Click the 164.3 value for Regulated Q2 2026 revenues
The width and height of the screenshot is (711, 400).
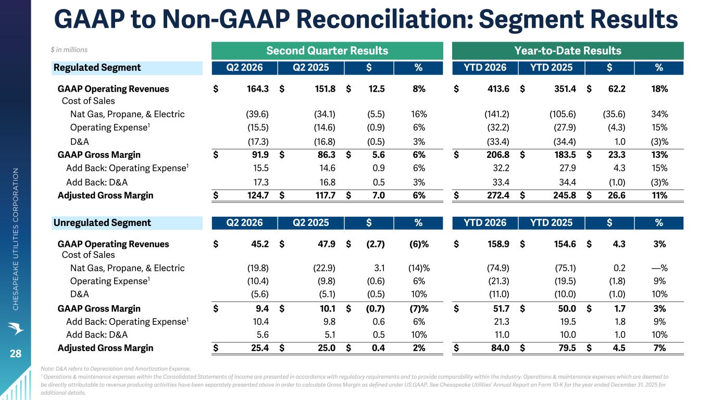tap(257, 89)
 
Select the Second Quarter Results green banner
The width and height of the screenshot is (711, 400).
tap(327, 51)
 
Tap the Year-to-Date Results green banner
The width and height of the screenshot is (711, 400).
tap(568, 51)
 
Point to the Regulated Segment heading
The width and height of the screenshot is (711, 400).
tap(97, 68)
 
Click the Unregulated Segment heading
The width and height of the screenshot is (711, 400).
tap(102, 223)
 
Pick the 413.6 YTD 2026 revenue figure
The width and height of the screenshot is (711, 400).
tap(498, 89)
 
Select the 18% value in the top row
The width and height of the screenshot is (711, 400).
tap(659, 89)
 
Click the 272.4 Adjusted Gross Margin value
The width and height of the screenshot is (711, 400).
tap(498, 195)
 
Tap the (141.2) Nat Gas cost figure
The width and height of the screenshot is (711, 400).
tap(497, 114)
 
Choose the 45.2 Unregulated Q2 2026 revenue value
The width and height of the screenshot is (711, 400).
tap(259, 244)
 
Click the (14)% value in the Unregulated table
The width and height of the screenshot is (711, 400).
tap(419, 268)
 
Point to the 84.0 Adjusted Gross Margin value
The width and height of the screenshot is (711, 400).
tap(500, 348)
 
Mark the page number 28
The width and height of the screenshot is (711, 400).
tap(16, 354)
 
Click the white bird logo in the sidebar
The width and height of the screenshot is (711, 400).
tap(16, 328)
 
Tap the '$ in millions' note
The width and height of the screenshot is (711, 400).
tap(69, 50)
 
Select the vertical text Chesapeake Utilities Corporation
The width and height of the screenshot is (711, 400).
tap(16, 239)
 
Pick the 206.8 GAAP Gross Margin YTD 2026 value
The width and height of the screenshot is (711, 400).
tap(498, 155)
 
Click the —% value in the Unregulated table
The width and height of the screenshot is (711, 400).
tap(659, 268)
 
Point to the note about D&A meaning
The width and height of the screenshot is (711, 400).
tap(116, 369)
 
